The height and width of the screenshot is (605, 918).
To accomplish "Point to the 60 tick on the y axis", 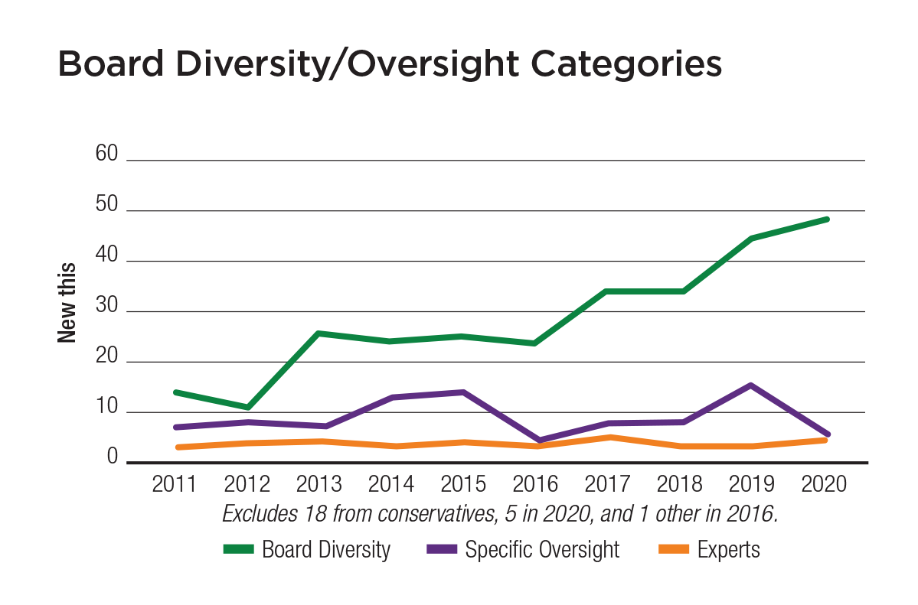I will tap(106, 155).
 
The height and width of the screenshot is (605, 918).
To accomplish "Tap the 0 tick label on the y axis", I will tap(112, 457).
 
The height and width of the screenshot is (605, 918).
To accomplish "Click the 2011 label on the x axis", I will tap(175, 485).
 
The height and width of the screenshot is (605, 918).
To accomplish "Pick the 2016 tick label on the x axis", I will tap(535, 485).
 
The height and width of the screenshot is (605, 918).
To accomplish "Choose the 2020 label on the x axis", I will tap(823, 485).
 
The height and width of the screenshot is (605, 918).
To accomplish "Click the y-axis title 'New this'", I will tap(67, 302).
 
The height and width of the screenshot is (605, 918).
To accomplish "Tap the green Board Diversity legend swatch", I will tap(239, 549).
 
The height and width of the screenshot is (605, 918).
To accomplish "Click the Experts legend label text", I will tap(729, 549).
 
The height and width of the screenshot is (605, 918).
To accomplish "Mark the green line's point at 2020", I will tap(826, 220).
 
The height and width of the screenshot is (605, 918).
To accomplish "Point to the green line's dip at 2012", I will tap(248, 407).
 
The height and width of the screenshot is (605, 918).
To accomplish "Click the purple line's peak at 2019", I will tap(752, 385).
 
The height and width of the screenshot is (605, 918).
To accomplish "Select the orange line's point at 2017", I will tap(609, 437).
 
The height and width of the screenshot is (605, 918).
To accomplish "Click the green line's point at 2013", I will tap(319, 333).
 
